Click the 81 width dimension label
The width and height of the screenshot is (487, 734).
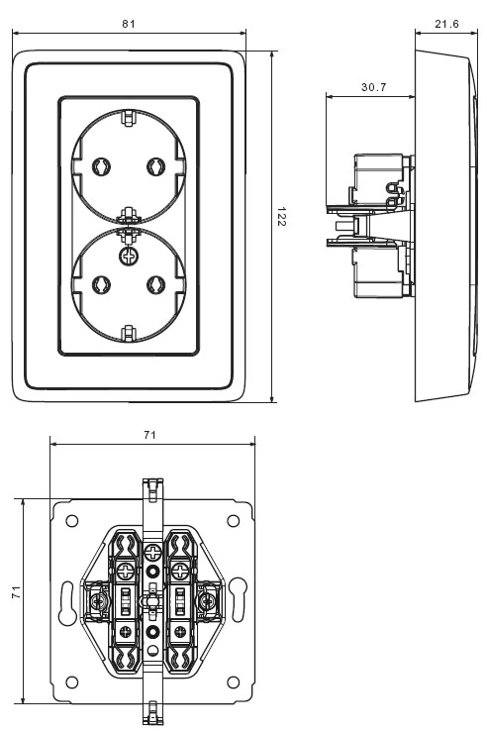pos(129,24)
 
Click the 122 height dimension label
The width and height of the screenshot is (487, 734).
pos(281,217)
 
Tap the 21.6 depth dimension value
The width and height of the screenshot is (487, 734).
pos(446,24)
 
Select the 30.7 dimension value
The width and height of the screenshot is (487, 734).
pos(374,87)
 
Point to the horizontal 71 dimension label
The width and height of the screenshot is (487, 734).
pos(149,435)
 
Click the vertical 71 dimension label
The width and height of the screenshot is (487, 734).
pos(17,591)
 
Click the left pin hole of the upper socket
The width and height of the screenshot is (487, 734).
pos(101,165)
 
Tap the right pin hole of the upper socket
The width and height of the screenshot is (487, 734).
pos(155,165)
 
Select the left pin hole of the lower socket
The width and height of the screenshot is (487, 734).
pos(101,284)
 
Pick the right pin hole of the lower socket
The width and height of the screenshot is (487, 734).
pos(155,284)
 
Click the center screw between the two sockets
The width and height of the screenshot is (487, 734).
pos(128,256)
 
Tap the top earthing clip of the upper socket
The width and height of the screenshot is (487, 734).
pos(128,118)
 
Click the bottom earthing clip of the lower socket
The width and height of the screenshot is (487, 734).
pos(128,333)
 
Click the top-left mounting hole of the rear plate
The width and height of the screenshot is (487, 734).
pos(72,521)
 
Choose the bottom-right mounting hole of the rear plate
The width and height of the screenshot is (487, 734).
pos(233,682)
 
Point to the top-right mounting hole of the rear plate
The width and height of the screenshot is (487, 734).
pos(233,521)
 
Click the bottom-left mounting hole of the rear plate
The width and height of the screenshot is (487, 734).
pos(72,682)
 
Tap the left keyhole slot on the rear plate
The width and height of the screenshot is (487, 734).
pos(66,601)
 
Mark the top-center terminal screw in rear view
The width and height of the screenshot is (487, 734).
pos(152,552)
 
